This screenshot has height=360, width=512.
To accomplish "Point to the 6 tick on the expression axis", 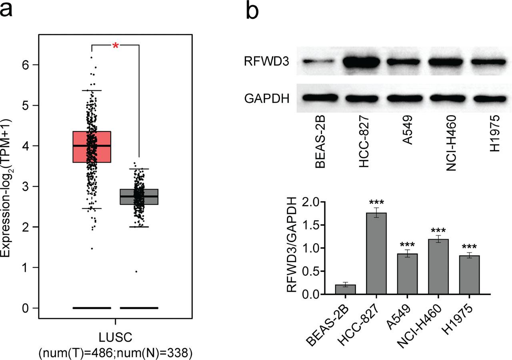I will [x=25, y=65].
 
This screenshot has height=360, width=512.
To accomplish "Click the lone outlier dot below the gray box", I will [x=136, y=272].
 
